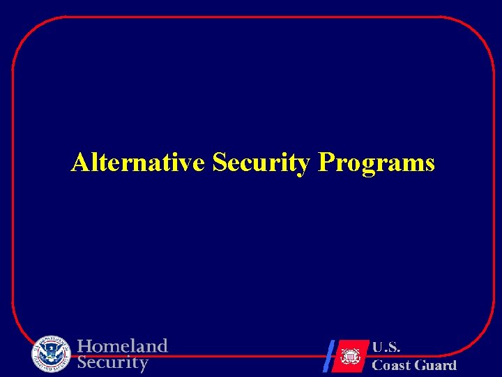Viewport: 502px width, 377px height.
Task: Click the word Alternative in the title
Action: pyautogui.click(x=137, y=163)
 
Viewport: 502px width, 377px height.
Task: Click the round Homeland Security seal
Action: pyautogui.click(x=51, y=354)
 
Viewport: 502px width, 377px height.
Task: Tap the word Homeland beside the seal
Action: pyautogui.click(x=123, y=346)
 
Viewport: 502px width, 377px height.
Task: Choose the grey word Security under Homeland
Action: pyautogui.click(x=113, y=363)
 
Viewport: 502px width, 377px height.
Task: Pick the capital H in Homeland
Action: pyautogui.click(x=84, y=346)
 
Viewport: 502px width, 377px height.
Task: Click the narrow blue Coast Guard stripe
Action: pyautogui.click(x=329, y=355)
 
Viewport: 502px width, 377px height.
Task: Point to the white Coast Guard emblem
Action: pyautogui.click(x=349, y=355)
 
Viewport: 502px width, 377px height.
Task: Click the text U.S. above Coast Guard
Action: pyautogui.click(x=386, y=347)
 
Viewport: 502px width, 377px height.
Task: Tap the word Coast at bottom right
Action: pyautogui.click(x=391, y=365)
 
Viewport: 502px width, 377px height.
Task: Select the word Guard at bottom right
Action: pyautogui.click(x=436, y=365)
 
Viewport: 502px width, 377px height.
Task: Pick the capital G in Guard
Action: pyautogui.click(x=420, y=365)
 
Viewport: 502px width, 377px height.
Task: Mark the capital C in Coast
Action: pyautogui.click(x=377, y=365)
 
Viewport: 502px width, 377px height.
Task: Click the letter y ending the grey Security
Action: pyautogui.click(x=144, y=364)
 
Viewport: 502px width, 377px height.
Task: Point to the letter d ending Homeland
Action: pyautogui.click(x=162, y=346)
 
